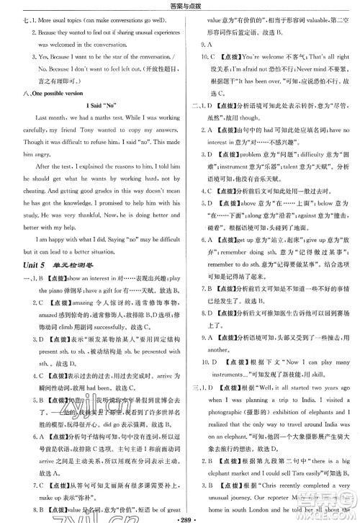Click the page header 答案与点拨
click(x=180, y=6)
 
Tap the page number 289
click(x=180, y=517)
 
